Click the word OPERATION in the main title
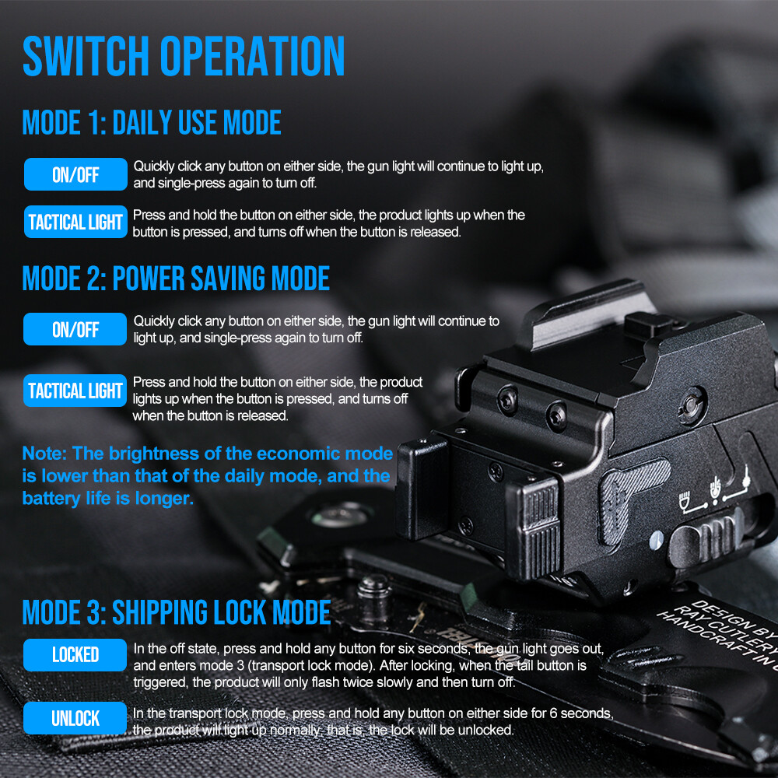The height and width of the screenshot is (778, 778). (252, 56)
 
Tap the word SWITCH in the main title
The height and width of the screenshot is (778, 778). (86, 56)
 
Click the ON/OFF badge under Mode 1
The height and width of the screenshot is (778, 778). (75, 174)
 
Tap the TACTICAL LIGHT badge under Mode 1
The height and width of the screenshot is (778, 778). (75, 222)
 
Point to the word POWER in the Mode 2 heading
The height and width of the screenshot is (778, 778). (149, 278)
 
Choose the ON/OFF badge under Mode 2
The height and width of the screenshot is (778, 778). (75, 329)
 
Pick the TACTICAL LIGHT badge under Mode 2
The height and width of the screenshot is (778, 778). (75, 391)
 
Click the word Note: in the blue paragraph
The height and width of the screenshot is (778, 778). (44, 454)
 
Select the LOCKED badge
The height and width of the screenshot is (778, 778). (75, 655)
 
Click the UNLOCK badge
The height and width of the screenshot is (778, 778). (75, 718)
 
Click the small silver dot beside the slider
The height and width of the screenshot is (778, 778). (656, 539)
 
